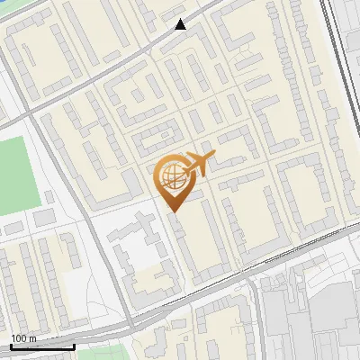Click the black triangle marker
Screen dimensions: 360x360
coord(181,24)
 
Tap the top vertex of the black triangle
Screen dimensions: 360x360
coord(181,19)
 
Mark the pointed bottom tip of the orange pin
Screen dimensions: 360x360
coord(173,212)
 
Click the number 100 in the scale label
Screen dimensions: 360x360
coord(19,338)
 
